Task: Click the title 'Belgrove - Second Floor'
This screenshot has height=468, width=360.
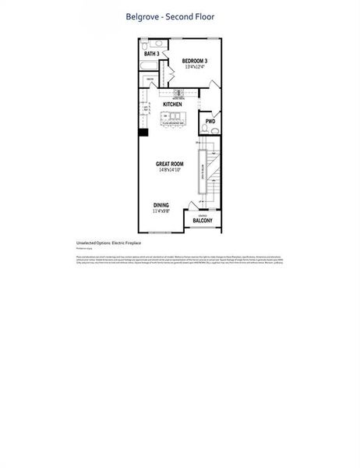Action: point(170,16)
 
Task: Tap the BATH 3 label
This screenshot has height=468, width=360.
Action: point(152,54)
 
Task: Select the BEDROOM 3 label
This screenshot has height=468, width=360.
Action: point(194,61)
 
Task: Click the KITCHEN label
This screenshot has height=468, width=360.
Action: point(173,104)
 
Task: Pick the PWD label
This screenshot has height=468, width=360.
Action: point(210,122)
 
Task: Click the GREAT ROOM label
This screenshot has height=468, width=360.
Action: point(169,164)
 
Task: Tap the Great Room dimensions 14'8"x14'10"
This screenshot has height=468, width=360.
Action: point(169,170)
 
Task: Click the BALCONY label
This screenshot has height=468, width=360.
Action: point(203,222)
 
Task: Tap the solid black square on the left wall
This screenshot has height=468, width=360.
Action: point(143,132)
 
